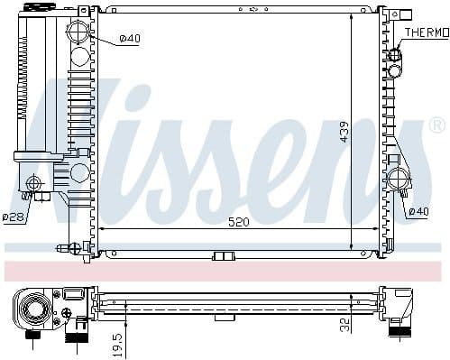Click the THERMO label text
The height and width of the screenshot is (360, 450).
(x=426, y=32)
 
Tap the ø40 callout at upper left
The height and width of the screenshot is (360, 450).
(x=131, y=38)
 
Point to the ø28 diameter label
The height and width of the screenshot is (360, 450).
(x=13, y=217)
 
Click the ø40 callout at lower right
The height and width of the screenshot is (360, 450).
(x=418, y=211)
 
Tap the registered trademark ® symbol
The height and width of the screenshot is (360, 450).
(x=436, y=125)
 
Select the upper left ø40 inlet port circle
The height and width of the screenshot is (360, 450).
(x=80, y=37)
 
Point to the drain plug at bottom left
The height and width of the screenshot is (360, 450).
(x=63, y=247)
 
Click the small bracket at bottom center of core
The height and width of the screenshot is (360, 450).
(x=222, y=255)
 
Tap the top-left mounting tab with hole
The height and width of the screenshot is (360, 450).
(x=83, y=11)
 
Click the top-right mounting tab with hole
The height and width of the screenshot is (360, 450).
(x=383, y=13)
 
